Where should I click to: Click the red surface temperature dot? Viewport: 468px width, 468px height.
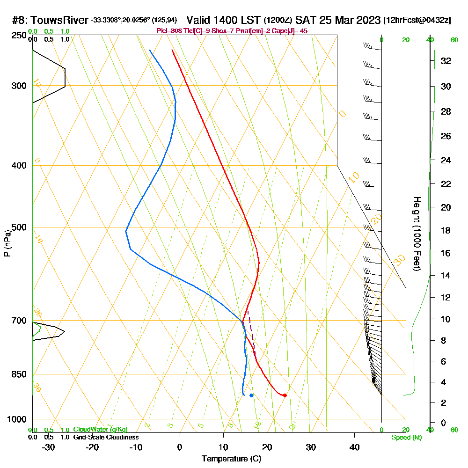(285, 395)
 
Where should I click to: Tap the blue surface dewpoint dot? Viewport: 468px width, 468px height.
(251, 395)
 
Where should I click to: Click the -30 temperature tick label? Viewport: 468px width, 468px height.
(48, 447)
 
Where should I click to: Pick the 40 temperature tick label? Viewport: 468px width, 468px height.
(355, 447)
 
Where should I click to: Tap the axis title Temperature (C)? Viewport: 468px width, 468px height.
(231, 459)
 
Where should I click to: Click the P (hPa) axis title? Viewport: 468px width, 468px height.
(7, 243)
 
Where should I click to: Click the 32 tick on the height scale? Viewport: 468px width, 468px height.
(445, 61)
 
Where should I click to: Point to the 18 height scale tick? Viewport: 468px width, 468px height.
(445, 230)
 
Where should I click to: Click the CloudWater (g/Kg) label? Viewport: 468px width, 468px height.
(100, 430)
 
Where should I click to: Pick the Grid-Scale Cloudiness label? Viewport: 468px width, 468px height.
(105, 437)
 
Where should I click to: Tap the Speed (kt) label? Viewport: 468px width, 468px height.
(406, 438)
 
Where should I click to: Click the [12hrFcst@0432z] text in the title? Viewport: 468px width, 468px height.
(417, 21)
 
